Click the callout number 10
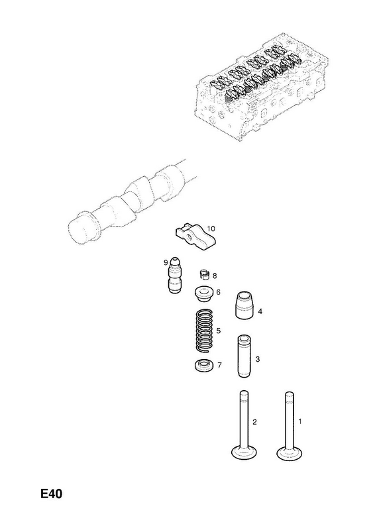coord(211,229)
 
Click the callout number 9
coord(166,262)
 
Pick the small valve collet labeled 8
coord(204,274)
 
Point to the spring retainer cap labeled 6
coord(203,294)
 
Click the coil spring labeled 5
coord(205,330)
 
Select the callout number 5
coord(219,330)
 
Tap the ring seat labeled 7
coord(204,366)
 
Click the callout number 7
coord(219,365)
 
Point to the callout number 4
coord(260,311)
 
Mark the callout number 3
coord(258,359)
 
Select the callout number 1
coord(300,421)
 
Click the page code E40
coord(52,494)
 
